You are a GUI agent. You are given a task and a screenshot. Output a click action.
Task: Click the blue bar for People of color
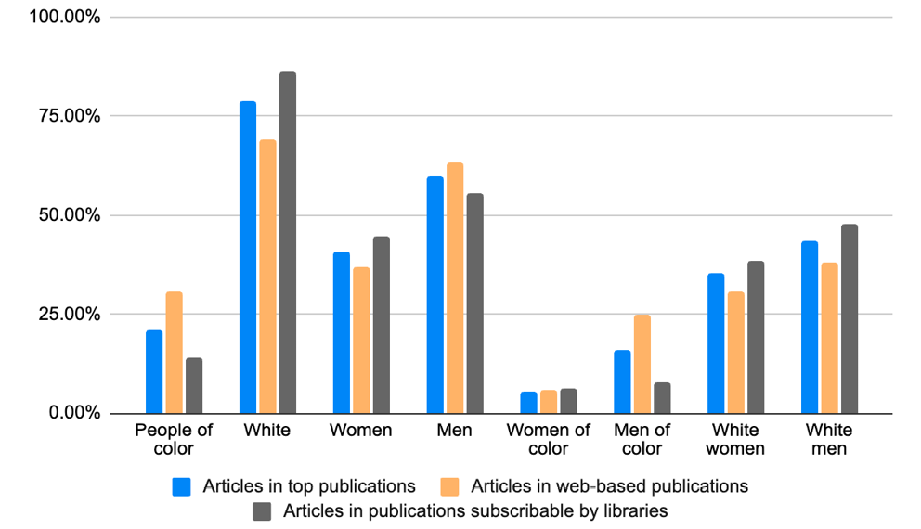(154, 371)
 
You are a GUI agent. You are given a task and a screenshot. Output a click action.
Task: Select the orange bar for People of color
(174, 353)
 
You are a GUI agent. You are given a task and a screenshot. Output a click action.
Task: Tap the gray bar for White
(287, 242)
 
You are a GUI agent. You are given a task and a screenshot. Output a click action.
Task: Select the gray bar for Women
(381, 325)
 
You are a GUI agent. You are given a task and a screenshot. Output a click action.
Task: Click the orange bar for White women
(735, 352)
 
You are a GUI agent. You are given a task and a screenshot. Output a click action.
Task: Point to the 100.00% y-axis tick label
(66, 18)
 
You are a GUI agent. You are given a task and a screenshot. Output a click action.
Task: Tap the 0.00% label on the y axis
(73, 413)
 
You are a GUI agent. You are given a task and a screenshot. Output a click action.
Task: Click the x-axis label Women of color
(548, 439)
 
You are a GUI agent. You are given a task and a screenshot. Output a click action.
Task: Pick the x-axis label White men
(828, 439)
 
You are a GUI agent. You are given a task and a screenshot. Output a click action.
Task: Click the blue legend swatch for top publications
(182, 486)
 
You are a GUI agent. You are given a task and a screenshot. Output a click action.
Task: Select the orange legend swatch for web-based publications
(450, 486)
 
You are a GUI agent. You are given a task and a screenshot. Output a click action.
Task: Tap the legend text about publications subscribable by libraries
(475, 510)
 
